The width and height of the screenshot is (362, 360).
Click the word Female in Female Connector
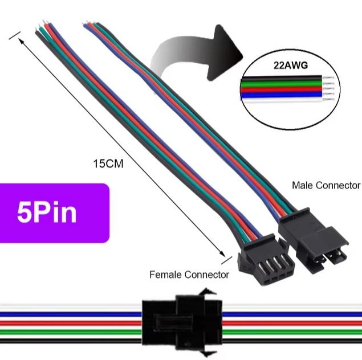[x=165, y=275]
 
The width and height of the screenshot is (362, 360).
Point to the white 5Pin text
[x=47, y=212]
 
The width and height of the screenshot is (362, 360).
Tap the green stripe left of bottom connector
[x=68, y=329]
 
